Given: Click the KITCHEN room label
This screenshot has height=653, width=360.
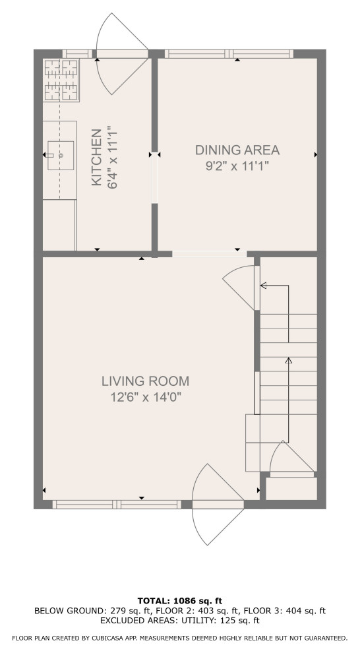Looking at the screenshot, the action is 96,157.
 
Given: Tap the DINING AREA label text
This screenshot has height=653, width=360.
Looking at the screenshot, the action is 237,150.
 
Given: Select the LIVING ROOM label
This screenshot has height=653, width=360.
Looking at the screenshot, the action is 145,381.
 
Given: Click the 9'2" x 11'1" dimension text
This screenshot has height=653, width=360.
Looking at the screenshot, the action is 237,166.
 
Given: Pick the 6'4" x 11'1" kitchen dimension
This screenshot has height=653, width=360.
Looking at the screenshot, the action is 112,158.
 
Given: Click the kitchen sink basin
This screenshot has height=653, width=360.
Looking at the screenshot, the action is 61,156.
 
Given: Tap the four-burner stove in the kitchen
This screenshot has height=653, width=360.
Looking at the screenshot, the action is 61,80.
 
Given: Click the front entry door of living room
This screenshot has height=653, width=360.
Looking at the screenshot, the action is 218,505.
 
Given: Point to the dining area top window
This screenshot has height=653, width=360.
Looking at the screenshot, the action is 229,53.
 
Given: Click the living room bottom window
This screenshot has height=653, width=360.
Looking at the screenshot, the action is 117,505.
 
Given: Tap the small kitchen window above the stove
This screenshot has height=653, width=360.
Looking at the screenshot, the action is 77,53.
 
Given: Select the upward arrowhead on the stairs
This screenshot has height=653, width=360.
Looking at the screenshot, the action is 288,360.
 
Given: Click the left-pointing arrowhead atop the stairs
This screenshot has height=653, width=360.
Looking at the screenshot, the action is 264,285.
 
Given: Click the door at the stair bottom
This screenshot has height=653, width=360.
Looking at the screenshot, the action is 291,458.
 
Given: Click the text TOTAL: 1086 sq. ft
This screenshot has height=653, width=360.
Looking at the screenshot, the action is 180,601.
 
